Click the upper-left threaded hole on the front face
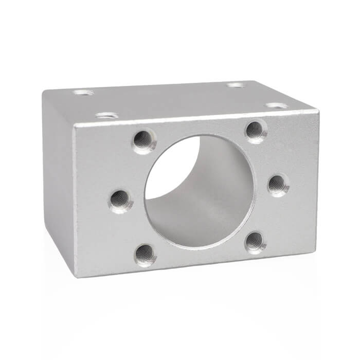pos(143,140)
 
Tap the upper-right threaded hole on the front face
pos(255,131)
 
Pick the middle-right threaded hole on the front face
pos(277,184)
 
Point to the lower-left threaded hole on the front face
pos(146,254)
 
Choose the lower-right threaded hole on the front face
pos(255,242)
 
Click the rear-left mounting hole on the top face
pos(83,93)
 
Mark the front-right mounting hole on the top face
pos(276,105)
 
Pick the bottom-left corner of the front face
pos(77,277)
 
